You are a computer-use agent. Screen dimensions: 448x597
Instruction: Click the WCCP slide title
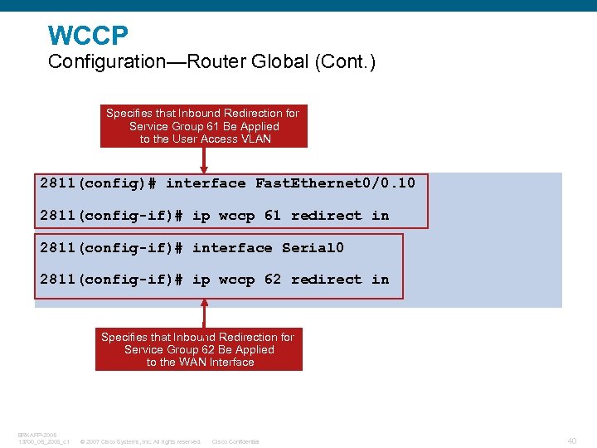pyautogui.click(x=88, y=36)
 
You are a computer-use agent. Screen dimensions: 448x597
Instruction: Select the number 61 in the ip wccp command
pyautogui.click(x=273, y=216)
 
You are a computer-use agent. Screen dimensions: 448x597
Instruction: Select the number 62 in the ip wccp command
pyautogui.click(x=273, y=280)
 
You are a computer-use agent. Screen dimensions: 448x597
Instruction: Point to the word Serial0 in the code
pyautogui.click(x=313, y=248)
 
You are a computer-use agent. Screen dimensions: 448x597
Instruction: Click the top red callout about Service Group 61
pyautogui.click(x=203, y=126)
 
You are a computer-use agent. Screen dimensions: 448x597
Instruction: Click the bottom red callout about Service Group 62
pyautogui.click(x=199, y=349)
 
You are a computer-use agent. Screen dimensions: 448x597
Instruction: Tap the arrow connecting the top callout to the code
pyautogui.click(x=204, y=160)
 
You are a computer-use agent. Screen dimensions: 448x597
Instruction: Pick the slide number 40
pyautogui.click(x=572, y=441)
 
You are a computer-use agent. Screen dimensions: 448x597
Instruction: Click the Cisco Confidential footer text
pyautogui.click(x=235, y=441)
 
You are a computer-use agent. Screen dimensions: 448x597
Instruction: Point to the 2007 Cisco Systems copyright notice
pyautogui.click(x=140, y=441)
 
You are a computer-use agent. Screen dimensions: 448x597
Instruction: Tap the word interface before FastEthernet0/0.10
pyautogui.click(x=206, y=183)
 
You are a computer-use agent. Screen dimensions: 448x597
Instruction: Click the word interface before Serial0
pyautogui.click(x=232, y=248)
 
